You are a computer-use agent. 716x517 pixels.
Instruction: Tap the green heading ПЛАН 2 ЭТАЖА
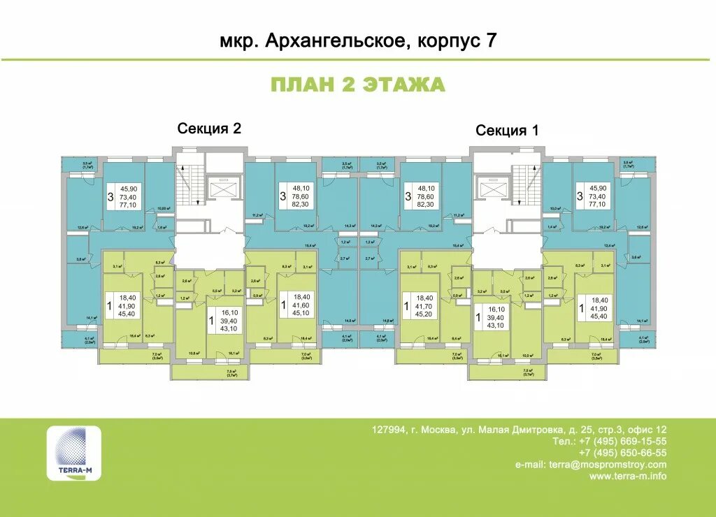coord(357,85)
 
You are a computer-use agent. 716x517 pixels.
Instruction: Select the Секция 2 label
coord(209,128)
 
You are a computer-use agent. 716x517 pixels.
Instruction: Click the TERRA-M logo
coord(73,453)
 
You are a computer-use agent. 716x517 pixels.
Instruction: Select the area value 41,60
coord(302,306)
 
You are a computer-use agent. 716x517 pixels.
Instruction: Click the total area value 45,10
coord(302,314)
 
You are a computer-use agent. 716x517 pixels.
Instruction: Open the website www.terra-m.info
coord(628,476)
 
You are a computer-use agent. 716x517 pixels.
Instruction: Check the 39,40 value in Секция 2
coord(229,320)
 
